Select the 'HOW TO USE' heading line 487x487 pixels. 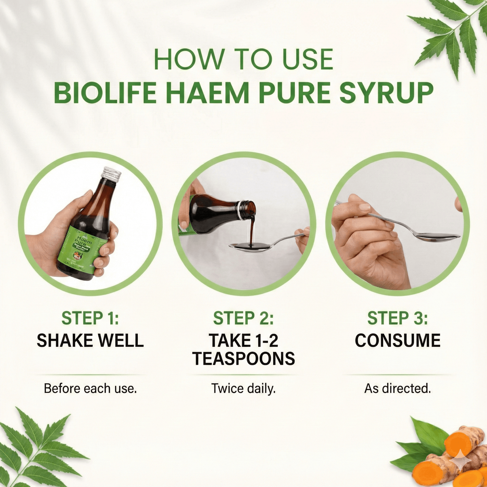point(243,60)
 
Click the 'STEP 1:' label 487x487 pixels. point(90,318)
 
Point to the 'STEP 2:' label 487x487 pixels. point(243,318)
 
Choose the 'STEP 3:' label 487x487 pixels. point(397,318)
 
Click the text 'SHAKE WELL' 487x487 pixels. point(90,340)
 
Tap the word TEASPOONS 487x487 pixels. point(243,359)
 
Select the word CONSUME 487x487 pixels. point(397,340)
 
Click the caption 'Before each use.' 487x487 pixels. point(90,389)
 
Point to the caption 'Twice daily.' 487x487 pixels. point(243,389)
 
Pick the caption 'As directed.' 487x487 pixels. point(397,389)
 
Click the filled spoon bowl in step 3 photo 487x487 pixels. point(438,237)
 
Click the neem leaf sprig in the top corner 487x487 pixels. point(452,34)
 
